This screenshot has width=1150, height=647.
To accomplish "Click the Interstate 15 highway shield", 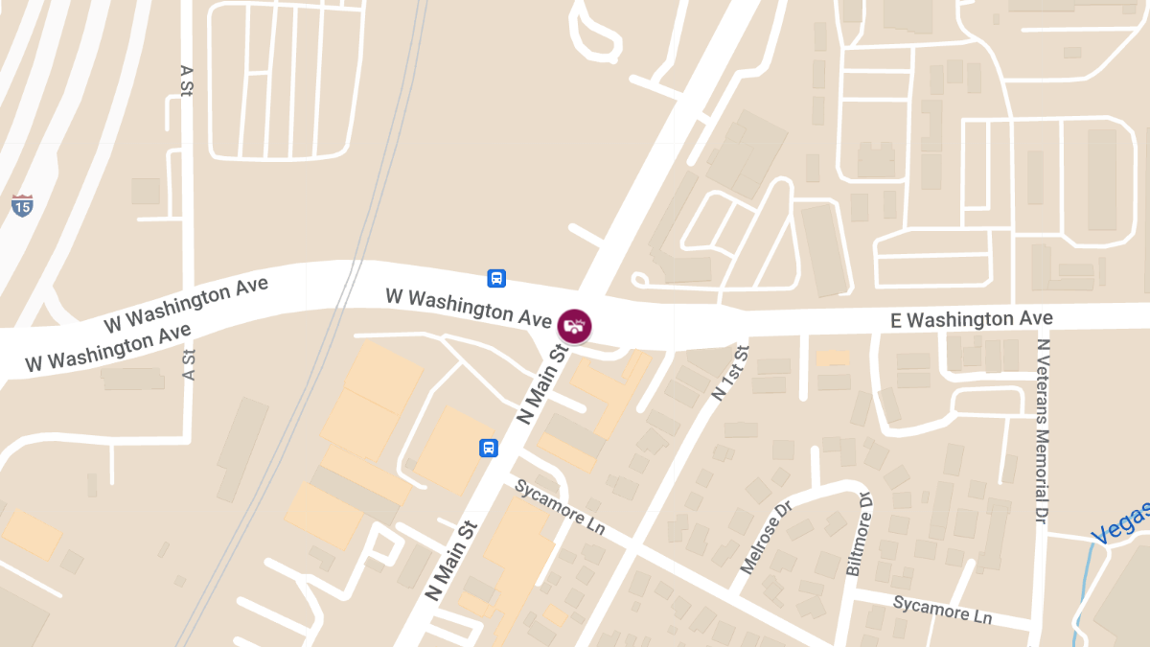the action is click(22, 204).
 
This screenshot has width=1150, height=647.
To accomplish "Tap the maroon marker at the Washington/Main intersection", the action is click(574, 325).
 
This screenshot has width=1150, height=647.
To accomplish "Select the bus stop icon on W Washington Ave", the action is click(496, 278).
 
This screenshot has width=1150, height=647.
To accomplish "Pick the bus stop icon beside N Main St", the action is click(489, 448).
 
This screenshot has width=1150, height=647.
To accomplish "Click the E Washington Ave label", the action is click(971, 319).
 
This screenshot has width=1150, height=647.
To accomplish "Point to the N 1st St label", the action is click(730, 372).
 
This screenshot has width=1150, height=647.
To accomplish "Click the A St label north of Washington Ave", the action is click(187, 81).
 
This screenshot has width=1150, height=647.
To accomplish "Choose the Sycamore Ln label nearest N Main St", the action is click(561, 505).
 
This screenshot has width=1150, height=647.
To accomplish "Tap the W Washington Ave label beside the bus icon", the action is click(462, 304).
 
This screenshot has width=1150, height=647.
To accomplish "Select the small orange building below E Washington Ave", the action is click(832, 358).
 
